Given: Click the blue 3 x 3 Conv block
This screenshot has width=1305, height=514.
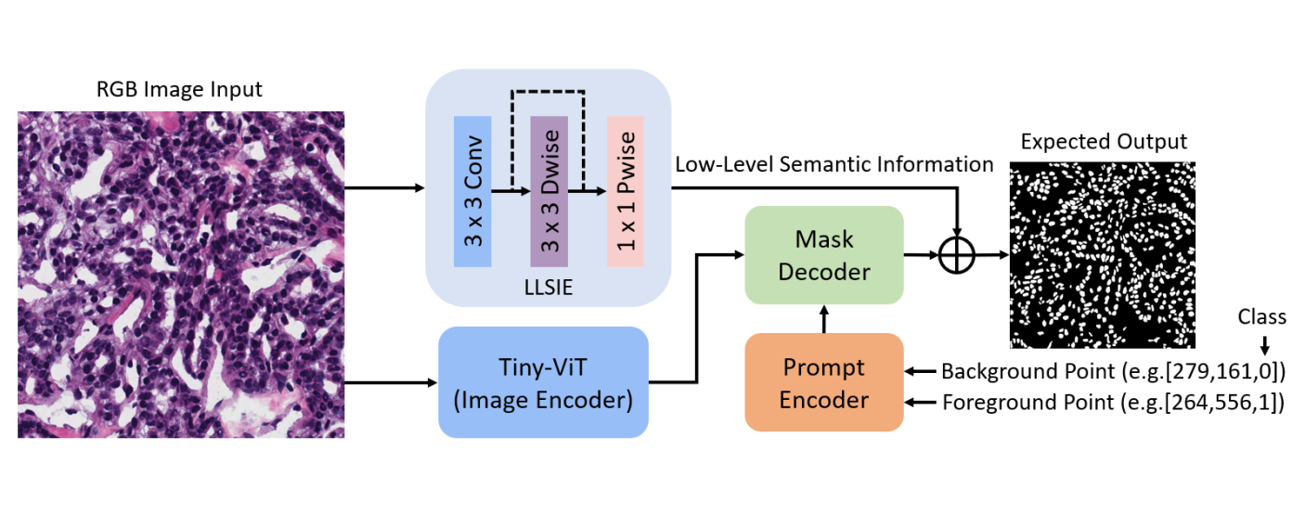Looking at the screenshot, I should [x=472, y=191].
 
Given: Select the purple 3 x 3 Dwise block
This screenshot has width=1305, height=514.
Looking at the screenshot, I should [x=548, y=191].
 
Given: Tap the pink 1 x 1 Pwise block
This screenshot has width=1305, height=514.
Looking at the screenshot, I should [x=625, y=191].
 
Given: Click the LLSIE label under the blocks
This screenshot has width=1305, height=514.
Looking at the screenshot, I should [x=548, y=289].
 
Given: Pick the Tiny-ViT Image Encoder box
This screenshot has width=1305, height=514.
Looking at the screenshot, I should [x=543, y=382].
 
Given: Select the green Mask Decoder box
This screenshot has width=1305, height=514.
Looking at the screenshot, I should [x=824, y=255].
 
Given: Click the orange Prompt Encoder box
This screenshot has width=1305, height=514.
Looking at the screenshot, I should [x=824, y=382].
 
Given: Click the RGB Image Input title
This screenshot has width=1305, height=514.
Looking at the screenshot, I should [x=180, y=90].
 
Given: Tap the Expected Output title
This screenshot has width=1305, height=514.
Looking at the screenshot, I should [x=1104, y=142].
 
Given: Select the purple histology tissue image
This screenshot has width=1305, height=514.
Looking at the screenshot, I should [x=181, y=275].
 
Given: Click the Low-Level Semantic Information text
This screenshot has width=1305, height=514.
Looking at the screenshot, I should [x=834, y=165].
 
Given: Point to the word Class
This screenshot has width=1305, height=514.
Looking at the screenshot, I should [x=1261, y=317].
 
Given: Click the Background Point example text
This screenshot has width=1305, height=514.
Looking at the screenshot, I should [x=1113, y=372].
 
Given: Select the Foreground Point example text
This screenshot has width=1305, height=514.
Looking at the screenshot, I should [x=1113, y=403].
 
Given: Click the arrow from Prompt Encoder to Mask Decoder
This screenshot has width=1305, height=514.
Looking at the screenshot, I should [x=824, y=318].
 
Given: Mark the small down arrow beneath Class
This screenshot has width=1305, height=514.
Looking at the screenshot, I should [x=1262, y=343].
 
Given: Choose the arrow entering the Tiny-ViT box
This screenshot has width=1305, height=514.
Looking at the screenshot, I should [x=390, y=382].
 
